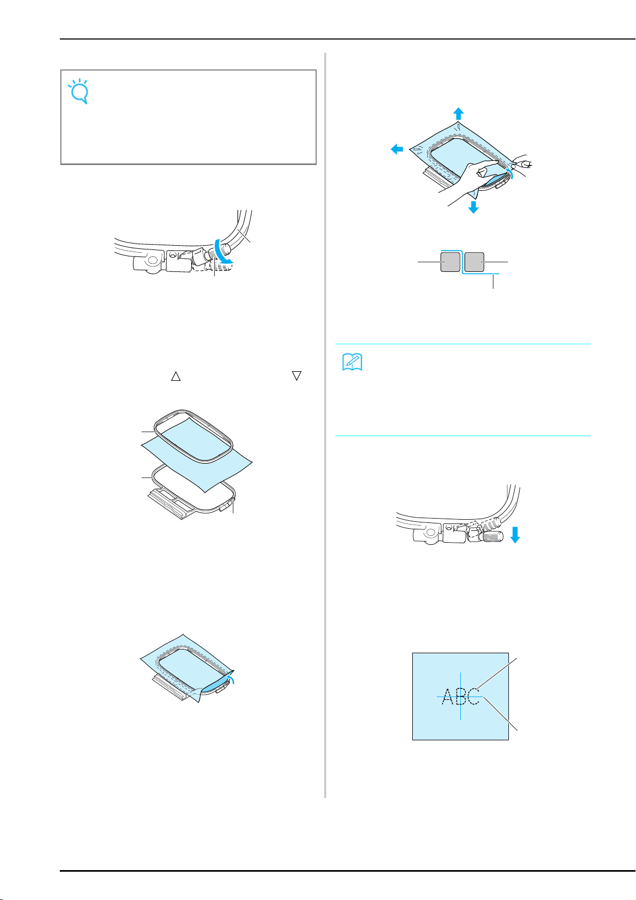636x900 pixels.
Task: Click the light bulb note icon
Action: pos(78,91)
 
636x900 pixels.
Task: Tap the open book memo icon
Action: pos(352,362)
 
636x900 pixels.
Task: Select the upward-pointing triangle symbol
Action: pos(176,376)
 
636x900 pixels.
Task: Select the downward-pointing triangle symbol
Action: pos(296,375)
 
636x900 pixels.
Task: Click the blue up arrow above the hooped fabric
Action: pos(458,114)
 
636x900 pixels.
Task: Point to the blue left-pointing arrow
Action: pos(397,150)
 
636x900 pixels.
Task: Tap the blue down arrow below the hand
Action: pos(473,207)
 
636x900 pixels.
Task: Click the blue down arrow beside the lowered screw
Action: pos(515,535)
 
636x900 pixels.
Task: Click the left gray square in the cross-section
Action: pos(450,262)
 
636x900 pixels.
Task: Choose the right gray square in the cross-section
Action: pos(474,262)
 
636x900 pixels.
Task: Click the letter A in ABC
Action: pos(448,696)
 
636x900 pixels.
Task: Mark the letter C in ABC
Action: pos(474,696)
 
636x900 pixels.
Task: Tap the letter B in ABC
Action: pos(461,696)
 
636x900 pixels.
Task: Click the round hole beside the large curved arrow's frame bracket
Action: pos(152,260)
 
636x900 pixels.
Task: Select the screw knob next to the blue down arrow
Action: pos(493,536)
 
